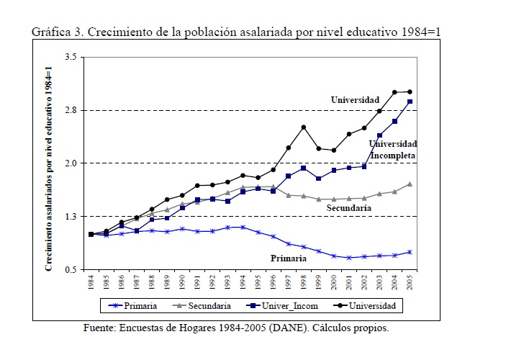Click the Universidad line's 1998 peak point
point(304,127)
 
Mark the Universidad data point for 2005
point(410,92)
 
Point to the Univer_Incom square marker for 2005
point(410,102)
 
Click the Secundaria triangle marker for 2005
point(410,184)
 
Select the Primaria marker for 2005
point(410,252)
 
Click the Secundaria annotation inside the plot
point(349,208)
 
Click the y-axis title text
point(50,166)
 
